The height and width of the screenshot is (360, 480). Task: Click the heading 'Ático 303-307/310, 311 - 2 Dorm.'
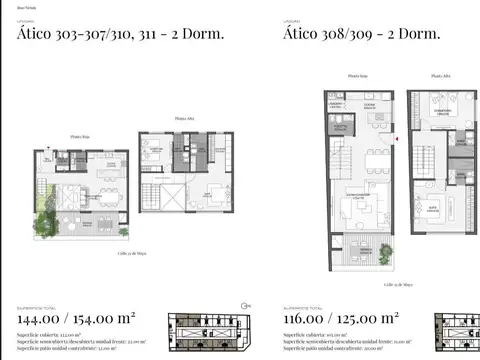(119, 35)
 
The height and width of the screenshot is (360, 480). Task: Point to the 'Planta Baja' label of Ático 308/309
(357, 76)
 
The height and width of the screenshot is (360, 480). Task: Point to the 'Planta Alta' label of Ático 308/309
(441, 76)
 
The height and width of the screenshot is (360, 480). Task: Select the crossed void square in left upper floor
(171, 199)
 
